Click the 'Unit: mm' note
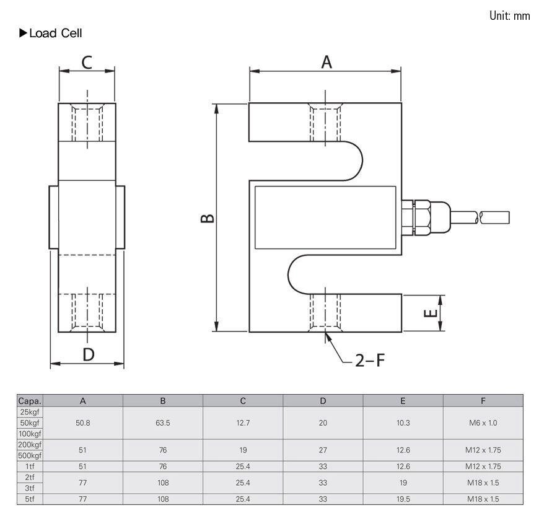[x=509, y=15]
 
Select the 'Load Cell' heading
[x=55, y=33]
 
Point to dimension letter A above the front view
[x=326, y=62]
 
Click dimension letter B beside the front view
[x=208, y=218]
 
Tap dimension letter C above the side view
[x=87, y=63]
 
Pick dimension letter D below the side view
[x=89, y=354]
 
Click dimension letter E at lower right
[x=430, y=313]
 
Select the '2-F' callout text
[x=369, y=360]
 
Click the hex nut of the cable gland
[x=422, y=217]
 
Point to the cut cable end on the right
[x=494, y=217]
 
